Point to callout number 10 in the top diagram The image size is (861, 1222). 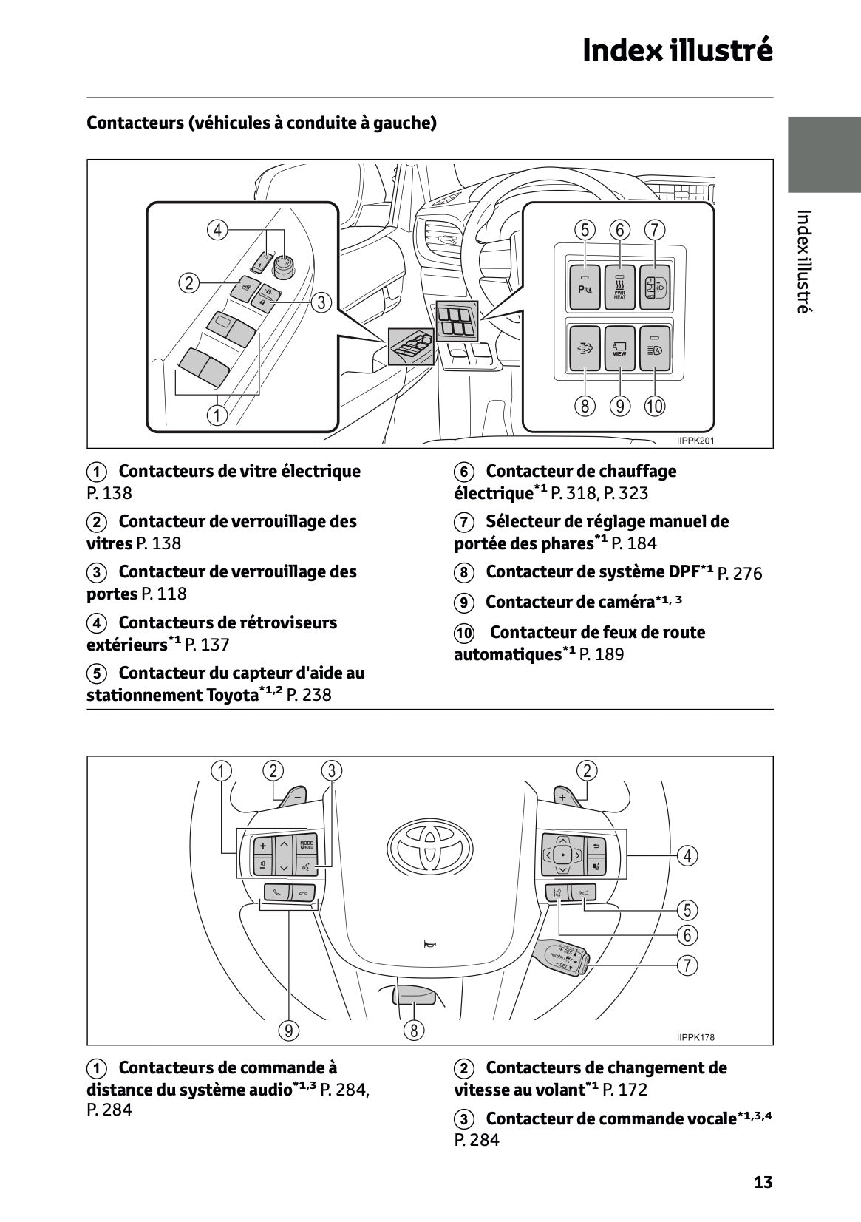pos(655,406)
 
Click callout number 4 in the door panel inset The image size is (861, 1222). pos(217,230)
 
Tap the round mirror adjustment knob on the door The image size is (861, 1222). pos(283,262)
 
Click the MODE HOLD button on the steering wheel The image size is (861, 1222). pos(307,845)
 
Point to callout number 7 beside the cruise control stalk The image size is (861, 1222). pos(687,965)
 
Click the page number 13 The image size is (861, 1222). pos(763,1181)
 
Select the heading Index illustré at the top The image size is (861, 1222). pos(677,50)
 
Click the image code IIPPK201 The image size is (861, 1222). pos(695,441)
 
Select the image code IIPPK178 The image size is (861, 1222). pos(695,1037)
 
